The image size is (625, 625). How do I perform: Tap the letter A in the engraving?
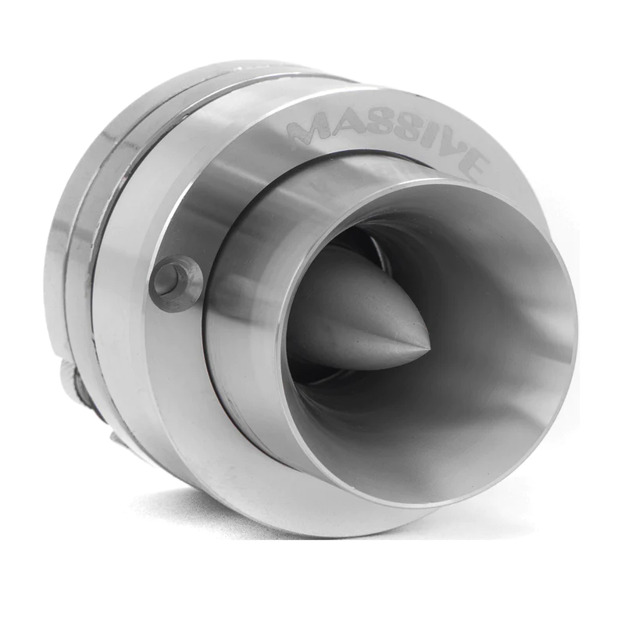click(342, 123)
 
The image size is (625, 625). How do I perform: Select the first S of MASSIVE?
click(373, 126)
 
